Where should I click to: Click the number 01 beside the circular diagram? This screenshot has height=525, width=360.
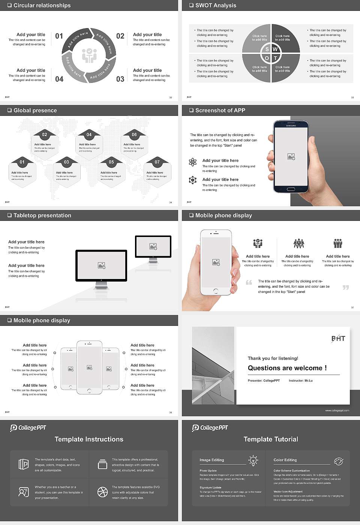(59, 36)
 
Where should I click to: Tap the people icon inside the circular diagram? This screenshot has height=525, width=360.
(89, 55)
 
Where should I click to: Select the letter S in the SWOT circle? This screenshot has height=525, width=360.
(267, 49)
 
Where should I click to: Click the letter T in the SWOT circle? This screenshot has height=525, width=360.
(275, 58)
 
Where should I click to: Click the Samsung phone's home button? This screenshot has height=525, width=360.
(291, 189)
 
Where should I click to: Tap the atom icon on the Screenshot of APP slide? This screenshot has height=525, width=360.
(193, 162)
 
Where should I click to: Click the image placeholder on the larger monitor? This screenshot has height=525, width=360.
(101, 265)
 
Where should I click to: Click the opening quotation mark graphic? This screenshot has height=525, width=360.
(249, 282)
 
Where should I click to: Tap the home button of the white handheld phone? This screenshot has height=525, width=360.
(216, 291)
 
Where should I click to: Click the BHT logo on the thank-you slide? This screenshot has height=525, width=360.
(338, 338)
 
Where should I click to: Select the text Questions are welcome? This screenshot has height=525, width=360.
(287, 368)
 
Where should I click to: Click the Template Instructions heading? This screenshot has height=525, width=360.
(89, 439)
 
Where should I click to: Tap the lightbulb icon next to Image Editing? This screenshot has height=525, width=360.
(253, 460)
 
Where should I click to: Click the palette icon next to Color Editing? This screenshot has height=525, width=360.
(338, 461)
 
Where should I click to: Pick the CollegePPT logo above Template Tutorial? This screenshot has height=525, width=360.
(210, 428)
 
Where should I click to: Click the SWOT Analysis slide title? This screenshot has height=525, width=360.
(216, 5)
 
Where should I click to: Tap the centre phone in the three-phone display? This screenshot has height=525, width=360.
(89, 367)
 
